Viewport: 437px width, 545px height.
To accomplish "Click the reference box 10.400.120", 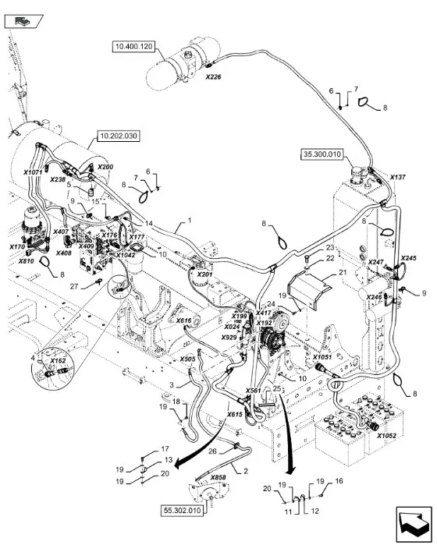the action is (134, 47).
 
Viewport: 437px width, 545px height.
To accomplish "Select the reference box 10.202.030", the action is (119, 136).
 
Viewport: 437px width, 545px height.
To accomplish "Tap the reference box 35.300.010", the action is (322, 154).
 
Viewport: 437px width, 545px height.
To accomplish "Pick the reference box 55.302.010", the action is (183, 511).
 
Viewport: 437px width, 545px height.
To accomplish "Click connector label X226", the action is (213, 77).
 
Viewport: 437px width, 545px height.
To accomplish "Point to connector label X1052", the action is (386, 436).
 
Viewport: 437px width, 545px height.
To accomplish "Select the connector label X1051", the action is (322, 357).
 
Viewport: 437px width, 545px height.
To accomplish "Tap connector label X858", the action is (218, 477).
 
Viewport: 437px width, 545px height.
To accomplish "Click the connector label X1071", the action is (33, 172).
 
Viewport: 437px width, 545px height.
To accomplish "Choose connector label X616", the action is (184, 320).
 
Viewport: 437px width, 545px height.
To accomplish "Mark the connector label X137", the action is (398, 177).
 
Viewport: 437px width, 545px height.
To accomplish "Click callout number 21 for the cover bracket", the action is (343, 272).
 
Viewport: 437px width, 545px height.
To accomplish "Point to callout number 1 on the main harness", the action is (190, 221).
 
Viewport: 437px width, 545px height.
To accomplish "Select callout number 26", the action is (212, 451).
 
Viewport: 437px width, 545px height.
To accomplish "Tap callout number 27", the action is (74, 286).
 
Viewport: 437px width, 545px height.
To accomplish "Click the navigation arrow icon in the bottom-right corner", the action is (414, 522).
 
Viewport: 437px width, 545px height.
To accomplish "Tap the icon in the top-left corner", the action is (23, 22).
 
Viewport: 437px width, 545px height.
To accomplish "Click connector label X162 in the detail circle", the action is (58, 361).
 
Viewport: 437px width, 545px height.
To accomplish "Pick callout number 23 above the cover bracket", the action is (330, 248).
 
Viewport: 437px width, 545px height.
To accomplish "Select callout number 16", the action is (339, 481).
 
